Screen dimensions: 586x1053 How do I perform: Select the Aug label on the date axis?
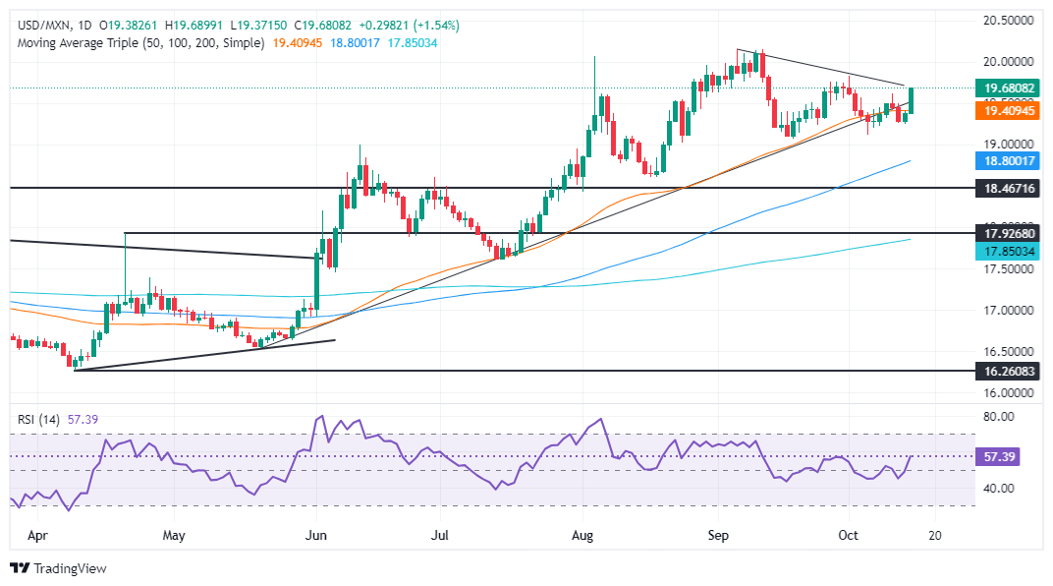click(x=583, y=536)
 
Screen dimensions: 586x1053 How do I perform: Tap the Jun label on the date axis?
click(x=316, y=536)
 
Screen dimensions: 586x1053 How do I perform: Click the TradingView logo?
click(x=59, y=568)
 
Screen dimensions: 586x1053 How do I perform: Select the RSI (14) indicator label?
click(x=41, y=419)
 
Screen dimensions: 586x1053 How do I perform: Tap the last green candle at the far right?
click(x=913, y=99)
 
